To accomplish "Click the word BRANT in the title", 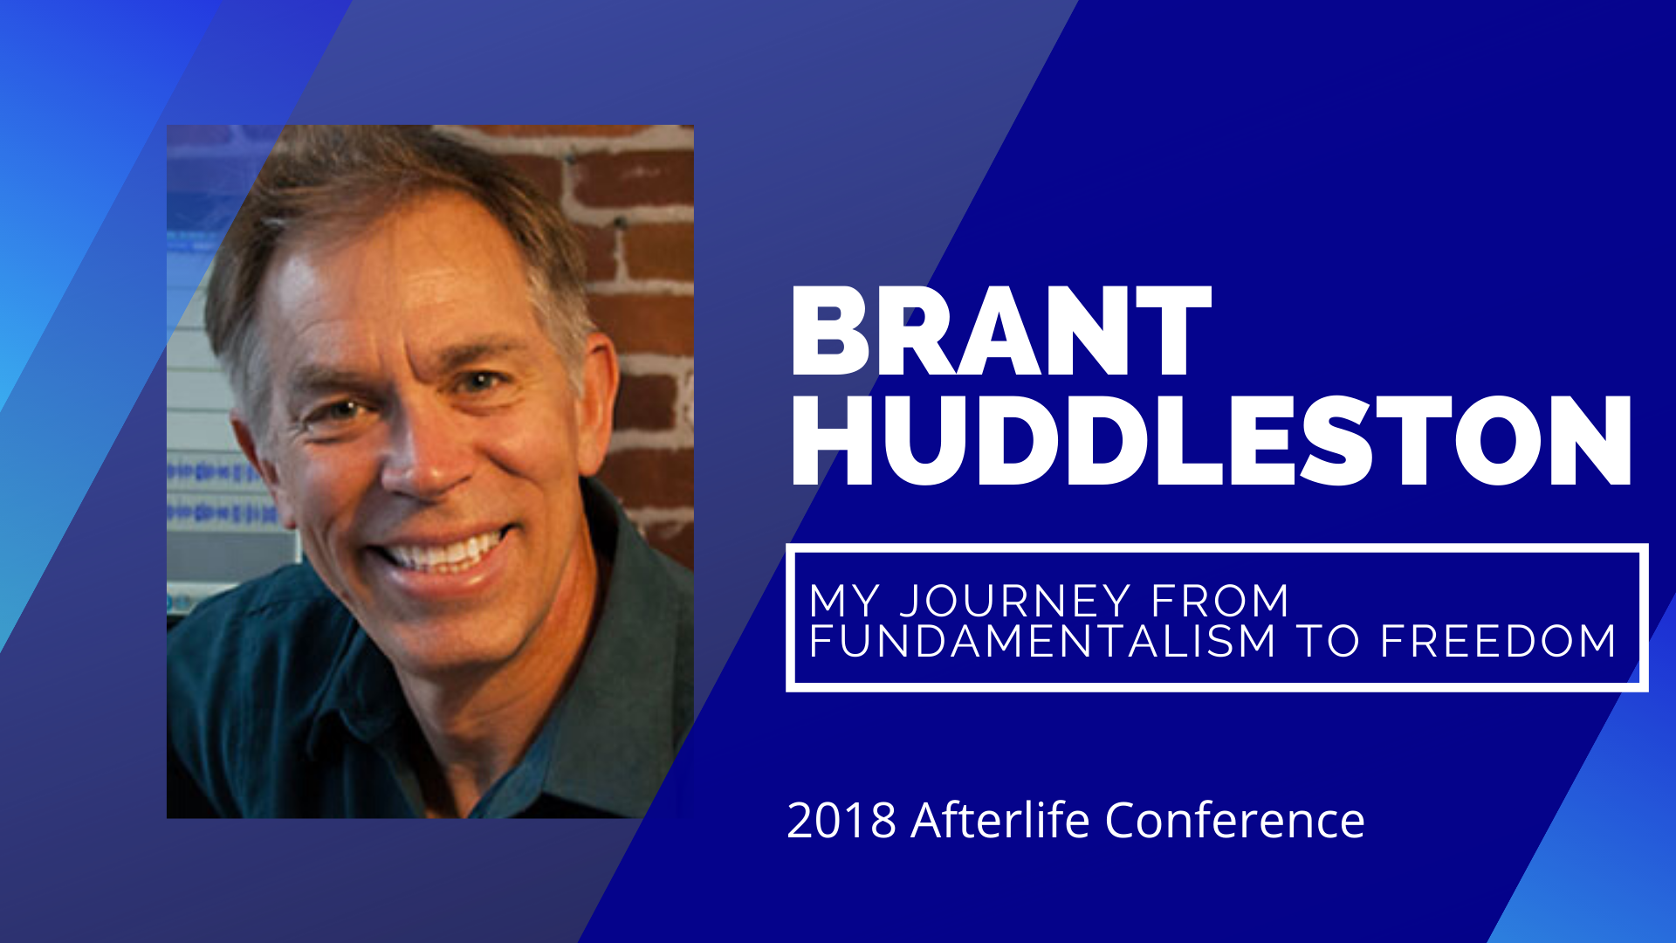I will click(x=1000, y=332).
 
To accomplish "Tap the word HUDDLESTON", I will click(x=1211, y=442).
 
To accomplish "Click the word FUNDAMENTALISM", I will click(x=1042, y=642).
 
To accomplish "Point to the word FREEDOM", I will click(x=1498, y=642).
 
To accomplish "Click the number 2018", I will click(x=841, y=821).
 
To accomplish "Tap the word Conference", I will click(x=1234, y=821).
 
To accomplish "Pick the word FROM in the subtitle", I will click(x=1219, y=602).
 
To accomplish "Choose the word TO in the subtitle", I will click(x=1328, y=642).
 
